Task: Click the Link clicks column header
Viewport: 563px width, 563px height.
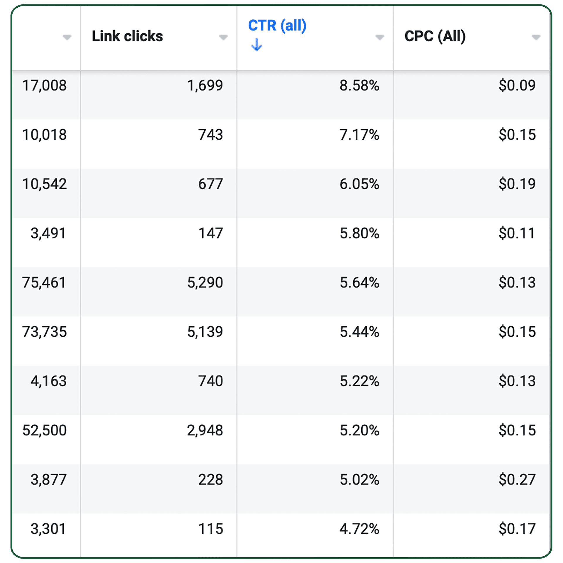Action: coord(127,36)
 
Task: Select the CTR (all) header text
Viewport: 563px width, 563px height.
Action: coord(277,26)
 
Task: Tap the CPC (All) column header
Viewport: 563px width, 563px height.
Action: coord(435,36)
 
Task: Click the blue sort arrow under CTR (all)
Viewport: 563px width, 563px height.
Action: coord(257,45)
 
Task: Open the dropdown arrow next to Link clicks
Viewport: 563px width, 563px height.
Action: coord(223,37)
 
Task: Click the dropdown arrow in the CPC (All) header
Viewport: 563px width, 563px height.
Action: coord(536,37)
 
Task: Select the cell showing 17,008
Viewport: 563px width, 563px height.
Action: coord(45,86)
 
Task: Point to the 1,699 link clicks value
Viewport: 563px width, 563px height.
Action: coord(205,86)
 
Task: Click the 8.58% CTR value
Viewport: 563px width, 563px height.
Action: coord(359,86)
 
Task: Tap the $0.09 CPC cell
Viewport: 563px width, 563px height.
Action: coord(517,86)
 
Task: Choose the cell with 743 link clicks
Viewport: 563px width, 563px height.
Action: coord(211,135)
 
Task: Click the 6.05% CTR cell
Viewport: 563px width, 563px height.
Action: coord(359,184)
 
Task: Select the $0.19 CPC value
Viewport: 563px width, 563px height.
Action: coord(517,184)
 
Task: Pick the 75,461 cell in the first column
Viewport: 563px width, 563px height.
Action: coord(44,283)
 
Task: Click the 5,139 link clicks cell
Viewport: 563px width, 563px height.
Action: coord(205,332)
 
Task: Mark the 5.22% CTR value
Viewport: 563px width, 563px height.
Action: coord(359,381)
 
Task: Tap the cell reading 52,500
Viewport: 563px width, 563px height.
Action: coord(45,430)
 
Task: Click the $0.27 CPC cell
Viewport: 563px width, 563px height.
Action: coord(517,480)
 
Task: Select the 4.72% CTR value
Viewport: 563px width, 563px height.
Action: coord(359,529)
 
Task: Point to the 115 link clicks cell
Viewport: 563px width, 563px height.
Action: coord(211,529)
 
